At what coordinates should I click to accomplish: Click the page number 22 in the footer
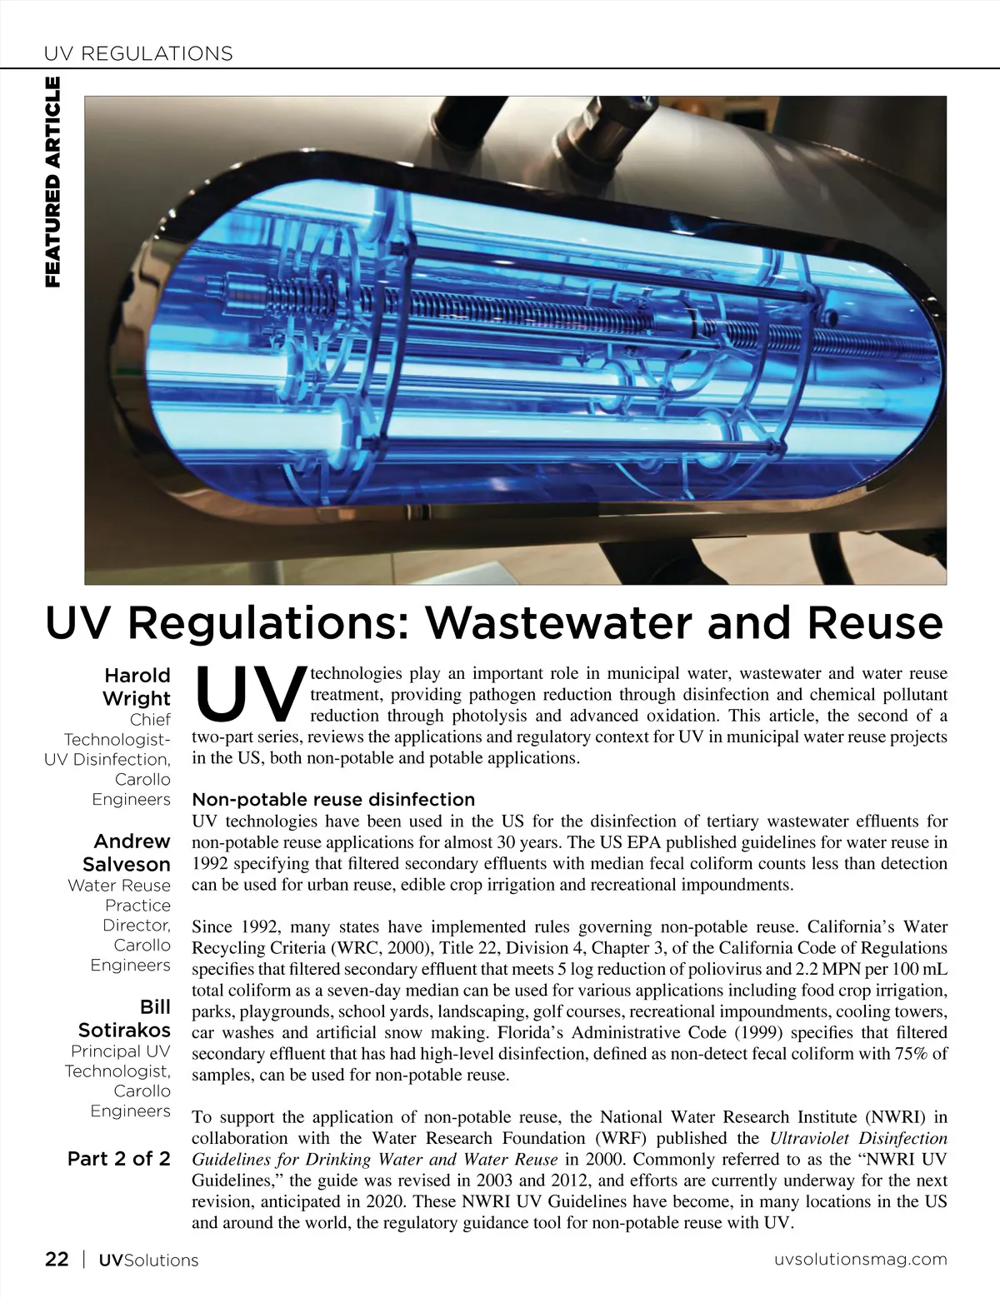57,1259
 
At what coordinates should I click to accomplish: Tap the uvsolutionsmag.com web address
861,1260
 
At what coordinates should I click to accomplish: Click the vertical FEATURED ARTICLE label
52,182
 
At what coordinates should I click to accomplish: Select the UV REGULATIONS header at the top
138,54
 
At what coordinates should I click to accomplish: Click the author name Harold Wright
136,686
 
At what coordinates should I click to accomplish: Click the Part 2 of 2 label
119,1159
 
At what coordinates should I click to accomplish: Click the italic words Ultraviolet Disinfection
858,1138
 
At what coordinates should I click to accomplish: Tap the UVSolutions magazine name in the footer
148,1260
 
